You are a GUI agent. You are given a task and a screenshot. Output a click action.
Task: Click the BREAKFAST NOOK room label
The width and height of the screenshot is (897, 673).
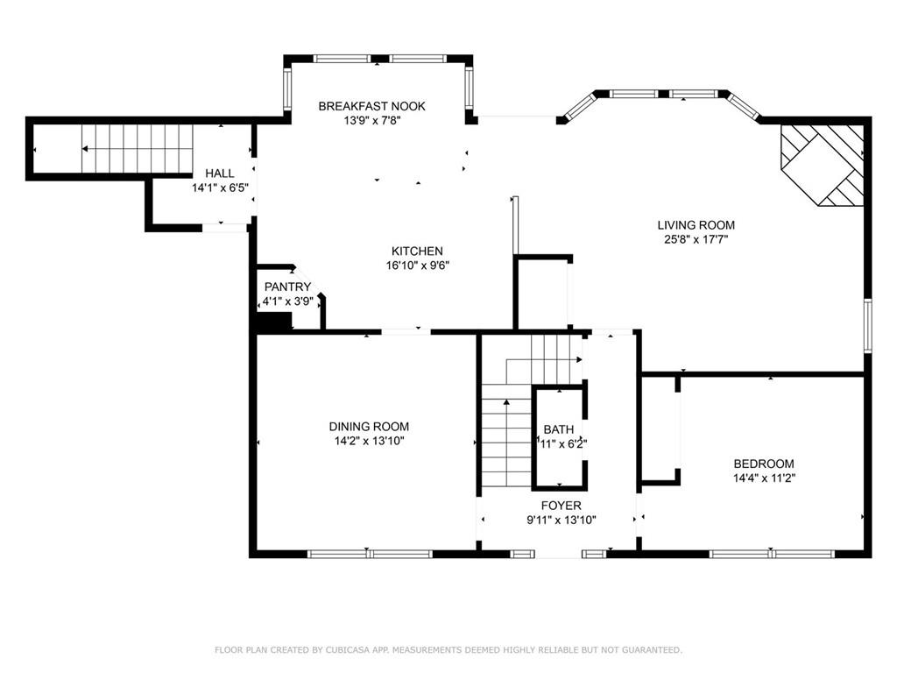(x=371, y=106)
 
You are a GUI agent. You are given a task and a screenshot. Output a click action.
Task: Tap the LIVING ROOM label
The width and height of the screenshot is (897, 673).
(x=696, y=225)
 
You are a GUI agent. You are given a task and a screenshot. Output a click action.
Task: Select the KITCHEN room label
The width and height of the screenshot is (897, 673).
(x=417, y=251)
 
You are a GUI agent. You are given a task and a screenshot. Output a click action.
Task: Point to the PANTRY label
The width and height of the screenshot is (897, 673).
(x=287, y=287)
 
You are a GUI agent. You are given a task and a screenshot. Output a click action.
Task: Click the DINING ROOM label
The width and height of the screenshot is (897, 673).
(x=369, y=427)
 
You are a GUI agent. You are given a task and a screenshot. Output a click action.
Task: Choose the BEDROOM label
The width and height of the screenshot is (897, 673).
(x=764, y=464)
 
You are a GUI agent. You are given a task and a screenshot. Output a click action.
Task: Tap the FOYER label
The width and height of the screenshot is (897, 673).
(x=562, y=506)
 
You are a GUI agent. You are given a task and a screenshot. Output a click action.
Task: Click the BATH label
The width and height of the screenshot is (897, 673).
(x=558, y=429)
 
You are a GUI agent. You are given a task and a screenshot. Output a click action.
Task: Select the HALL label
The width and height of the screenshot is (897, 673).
(x=220, y=173)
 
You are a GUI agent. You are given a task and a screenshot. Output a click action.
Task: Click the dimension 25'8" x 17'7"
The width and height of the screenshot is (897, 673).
(x=696, y=240)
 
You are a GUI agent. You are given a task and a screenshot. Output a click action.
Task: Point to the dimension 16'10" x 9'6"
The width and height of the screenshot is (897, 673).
(x=417, y=266)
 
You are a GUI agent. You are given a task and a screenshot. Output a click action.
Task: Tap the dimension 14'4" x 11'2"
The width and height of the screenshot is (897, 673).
(x=764, y=478)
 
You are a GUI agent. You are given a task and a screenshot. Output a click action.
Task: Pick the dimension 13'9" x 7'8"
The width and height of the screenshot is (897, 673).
(x=371, y=121)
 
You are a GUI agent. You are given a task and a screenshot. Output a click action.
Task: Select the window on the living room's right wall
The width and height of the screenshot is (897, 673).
(x=868, y=325)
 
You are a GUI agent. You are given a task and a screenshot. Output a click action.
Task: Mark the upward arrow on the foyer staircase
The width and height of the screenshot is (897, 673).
(x=506, y=443)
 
